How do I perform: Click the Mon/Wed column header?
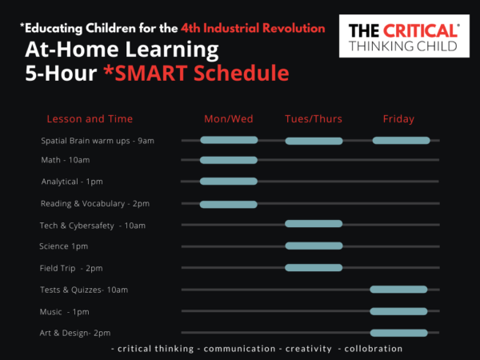tap(229, 119)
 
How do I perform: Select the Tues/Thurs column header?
tap(314, 119)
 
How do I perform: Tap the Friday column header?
tap(398, 119)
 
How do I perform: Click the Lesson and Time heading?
tap(90, 119)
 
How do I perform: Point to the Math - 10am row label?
tap(66, 160)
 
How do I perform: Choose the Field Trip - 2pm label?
tap(71, 268)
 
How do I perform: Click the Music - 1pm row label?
tap(65, 311)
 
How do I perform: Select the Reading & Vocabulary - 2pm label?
tap(95, 204)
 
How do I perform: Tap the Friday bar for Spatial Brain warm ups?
tap(401, 140)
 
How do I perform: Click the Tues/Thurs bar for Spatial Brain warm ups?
tap(314, 141)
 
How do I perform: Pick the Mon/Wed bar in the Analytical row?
tap(229, 181)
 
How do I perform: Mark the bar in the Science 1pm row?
tap(314, 246)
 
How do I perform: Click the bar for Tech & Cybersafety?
tap(314, 223)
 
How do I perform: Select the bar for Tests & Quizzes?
tap(398, 289)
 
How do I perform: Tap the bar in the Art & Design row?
tap(398, 332)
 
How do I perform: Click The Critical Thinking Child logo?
tap(404, 37)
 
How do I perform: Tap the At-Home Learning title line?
tap(122, 50)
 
